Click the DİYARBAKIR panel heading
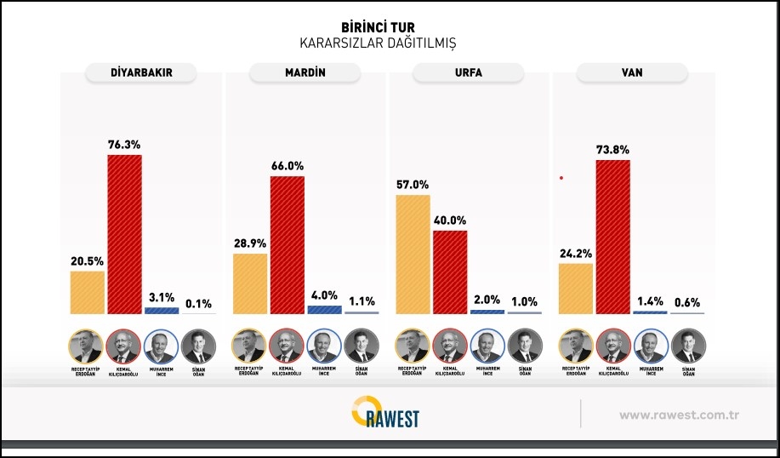coord(141,72)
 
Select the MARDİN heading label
coord(304,72)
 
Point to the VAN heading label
coord(631,72)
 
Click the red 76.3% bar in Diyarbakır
coord(124,234)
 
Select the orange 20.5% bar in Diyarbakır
coord(87,292)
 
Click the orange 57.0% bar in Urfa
coord(413,254)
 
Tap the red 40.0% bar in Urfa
coord(450,272)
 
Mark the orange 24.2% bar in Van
coord(576,288)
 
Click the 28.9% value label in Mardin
coord(250,243)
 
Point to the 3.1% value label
coord(162,297)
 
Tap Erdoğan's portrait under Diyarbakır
coord(85,346)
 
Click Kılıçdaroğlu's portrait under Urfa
coord(450,346)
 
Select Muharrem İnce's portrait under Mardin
coord(324,346)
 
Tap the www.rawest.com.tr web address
coord(678,415)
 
